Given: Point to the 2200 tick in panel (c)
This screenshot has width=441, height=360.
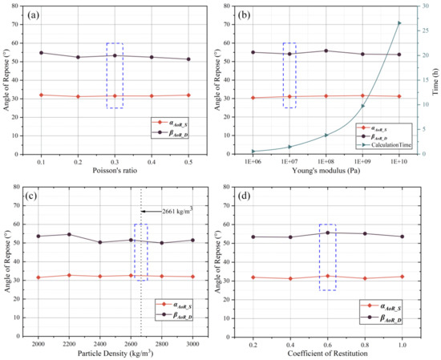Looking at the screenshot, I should pos(69,341).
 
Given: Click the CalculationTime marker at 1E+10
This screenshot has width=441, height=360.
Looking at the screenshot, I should pos(399,22).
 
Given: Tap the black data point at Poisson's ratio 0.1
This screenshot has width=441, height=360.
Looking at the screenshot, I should pos(41,53).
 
